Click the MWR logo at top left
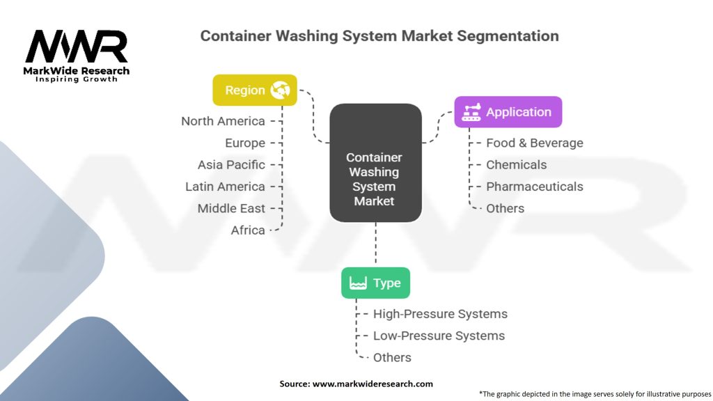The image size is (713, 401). coord(77,47)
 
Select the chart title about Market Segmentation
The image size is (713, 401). coord(379,36)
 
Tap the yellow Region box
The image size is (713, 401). coord(255,90)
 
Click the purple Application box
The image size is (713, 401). coord(508,111)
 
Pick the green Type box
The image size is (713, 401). coord(375,283)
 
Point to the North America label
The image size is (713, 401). coord(223,121)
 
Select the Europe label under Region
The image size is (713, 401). coord(244,143)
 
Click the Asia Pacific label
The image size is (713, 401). coord(231,164)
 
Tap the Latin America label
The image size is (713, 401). coord(225,187)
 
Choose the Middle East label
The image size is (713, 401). coord(231,208)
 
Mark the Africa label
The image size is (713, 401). coord(248,230)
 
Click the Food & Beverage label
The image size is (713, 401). coord(534,143)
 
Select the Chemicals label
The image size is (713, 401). coord(516,164)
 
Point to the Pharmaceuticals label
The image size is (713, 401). coord(534,187)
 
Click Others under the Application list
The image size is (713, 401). coord(505,208)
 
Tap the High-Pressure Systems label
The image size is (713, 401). coord(440,314)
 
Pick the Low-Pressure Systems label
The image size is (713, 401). coord(439,336)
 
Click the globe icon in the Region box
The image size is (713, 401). coord(281,90)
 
